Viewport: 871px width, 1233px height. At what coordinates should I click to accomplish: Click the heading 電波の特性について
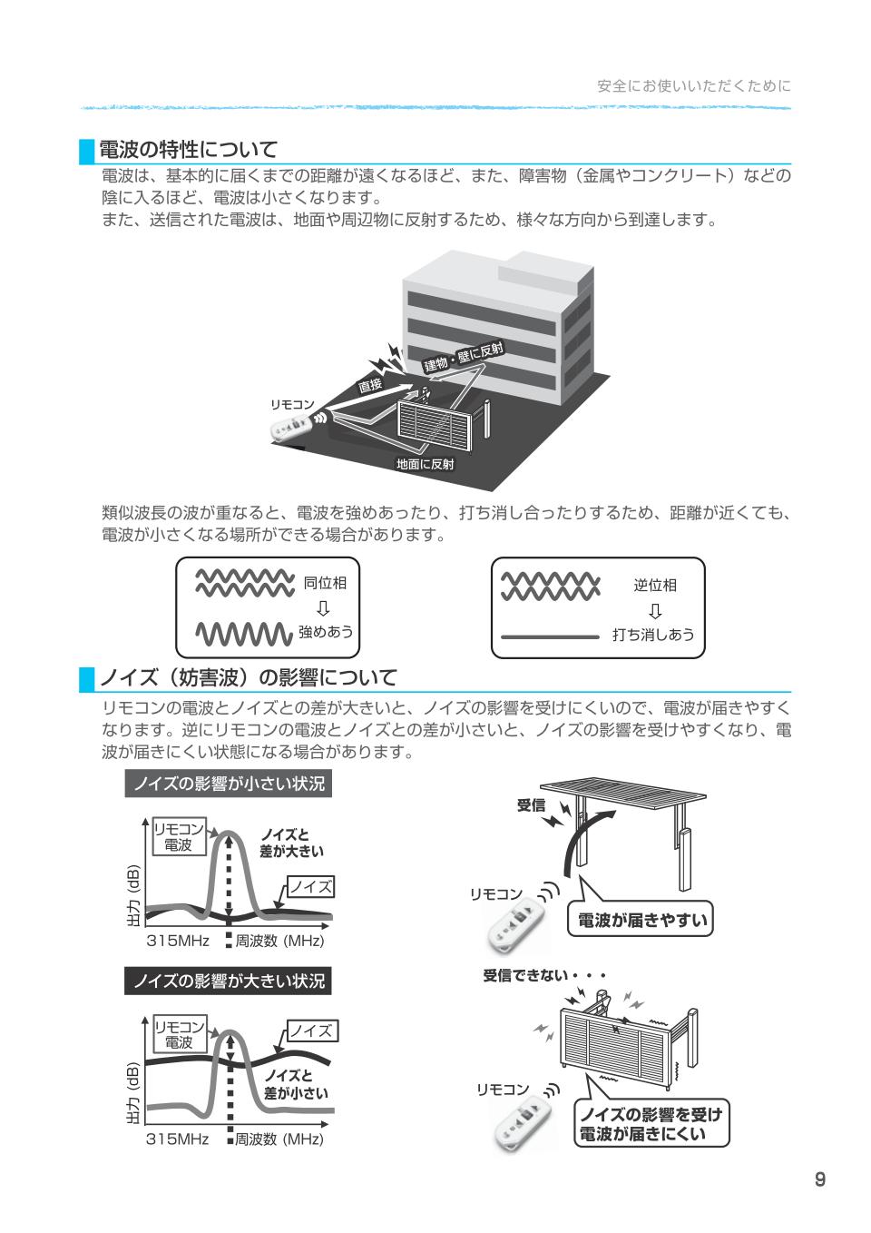point(187,149)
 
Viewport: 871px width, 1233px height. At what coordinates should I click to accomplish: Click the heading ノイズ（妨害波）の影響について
point(247,677)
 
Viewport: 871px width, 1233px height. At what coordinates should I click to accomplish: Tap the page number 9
point(819,1179)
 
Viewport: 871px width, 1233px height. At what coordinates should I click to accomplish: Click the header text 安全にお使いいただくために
point(693,86)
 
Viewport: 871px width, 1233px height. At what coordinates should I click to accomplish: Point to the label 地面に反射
point(425,464)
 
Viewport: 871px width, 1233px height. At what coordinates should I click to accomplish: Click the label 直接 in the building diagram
point(370,385)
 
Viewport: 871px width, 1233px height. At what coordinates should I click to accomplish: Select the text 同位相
point(325,583)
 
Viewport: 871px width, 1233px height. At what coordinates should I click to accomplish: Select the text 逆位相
point(655,585)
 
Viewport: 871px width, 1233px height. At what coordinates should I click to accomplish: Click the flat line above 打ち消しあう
point(550,636)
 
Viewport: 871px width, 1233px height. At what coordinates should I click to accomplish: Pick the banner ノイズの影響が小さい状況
point(228,784)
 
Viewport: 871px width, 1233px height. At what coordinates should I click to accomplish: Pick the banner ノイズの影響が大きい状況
point(228,981)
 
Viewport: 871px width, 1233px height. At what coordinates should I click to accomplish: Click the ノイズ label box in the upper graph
point(310,887)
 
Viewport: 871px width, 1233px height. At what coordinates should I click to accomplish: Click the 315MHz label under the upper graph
point(178,942)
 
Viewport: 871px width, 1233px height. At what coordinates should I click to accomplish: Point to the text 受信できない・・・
point(543,976)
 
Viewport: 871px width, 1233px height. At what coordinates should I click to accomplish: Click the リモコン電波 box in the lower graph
point(179,1034)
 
